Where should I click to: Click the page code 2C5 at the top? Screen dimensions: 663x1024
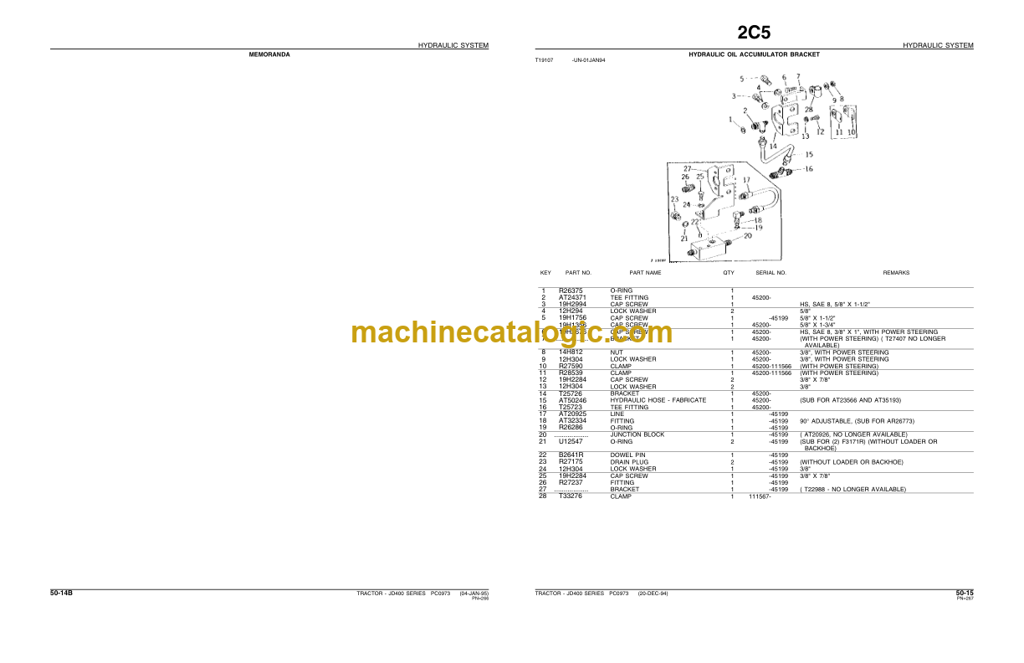coord(754,33)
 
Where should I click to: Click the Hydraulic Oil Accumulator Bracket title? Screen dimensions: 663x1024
coord(754,54)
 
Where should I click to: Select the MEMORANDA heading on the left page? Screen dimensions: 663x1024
coord(269,54)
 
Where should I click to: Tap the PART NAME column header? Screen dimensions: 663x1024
coord(645,273)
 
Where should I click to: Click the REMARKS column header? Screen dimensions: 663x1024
coord(896,273)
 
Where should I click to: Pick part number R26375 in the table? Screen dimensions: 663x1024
coord(571,291)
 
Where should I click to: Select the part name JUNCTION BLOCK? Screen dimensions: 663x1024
coord(637,435)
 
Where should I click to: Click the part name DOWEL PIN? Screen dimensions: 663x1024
coord(628,455)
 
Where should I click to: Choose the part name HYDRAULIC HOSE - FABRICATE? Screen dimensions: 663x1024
coord(658,400)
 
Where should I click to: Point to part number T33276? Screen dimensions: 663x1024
coord(571,496)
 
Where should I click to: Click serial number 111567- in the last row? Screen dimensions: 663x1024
coord(760,496)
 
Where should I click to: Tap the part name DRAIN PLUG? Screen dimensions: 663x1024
coord(629,462)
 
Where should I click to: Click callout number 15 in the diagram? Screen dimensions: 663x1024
coord(808,154)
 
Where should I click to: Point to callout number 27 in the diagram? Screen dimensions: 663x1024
coord(688,168)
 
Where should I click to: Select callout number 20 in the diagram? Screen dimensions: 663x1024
coord(747,235)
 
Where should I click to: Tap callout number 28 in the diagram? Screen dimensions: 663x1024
coord(808,110)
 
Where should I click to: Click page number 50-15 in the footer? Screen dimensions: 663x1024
coord(965,593)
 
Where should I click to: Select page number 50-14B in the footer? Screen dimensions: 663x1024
coord(61,593)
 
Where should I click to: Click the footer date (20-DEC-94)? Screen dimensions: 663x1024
coord(653,593)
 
